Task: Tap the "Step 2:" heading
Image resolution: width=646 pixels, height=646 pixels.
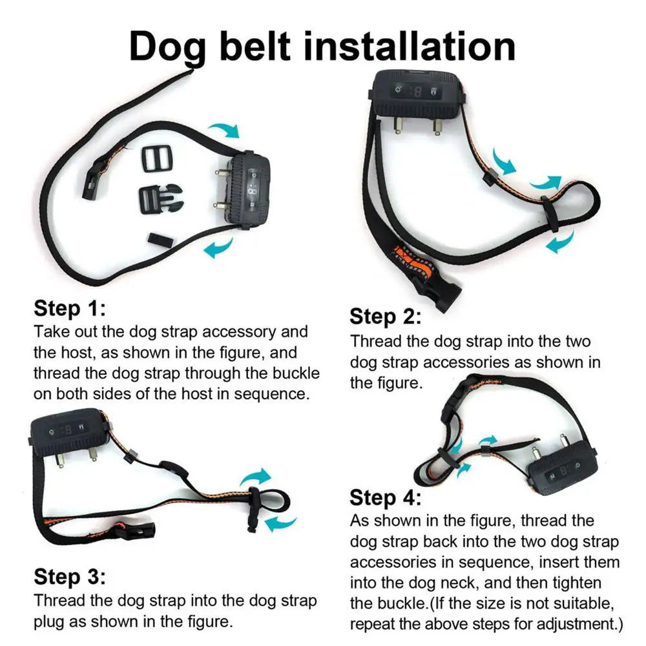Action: (386, 317)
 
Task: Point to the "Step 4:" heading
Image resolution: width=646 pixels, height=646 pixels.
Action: (386, 497)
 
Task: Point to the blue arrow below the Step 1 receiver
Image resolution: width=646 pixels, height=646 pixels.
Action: (219, 247)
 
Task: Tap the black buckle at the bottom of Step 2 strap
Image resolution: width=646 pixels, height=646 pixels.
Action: (445, 294)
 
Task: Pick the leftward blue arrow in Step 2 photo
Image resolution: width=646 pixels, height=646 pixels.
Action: (559, 244)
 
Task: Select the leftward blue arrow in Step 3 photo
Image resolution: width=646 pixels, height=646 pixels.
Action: (281, 522)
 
